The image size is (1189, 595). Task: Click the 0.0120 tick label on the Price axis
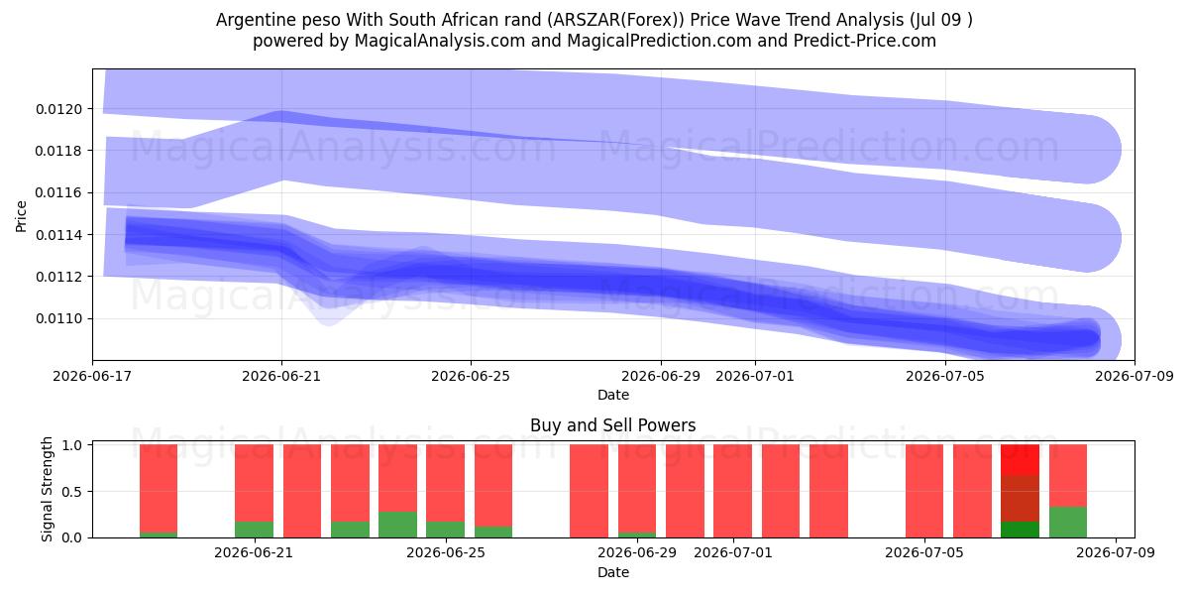58,109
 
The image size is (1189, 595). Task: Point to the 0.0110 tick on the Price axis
58,318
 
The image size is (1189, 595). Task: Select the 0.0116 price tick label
58,192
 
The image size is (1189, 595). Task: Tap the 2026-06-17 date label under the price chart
92,376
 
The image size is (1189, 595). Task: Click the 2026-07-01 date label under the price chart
755,376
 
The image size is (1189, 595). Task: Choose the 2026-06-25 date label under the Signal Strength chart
446,552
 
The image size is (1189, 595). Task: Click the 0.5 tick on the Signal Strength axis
71,492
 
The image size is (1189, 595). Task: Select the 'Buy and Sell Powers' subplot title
613,425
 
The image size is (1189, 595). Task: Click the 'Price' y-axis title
21,217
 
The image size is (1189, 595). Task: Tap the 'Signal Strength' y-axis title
47,489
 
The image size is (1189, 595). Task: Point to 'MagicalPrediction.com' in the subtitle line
659,41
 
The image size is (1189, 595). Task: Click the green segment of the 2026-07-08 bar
1068,523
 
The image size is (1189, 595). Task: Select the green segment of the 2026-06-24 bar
397,525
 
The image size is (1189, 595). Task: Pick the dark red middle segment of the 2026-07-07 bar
1020,498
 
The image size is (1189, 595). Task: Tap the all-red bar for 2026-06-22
302,491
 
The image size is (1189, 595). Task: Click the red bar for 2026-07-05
924,491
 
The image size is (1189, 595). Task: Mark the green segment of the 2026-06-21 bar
255,530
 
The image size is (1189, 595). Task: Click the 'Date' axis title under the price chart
613,395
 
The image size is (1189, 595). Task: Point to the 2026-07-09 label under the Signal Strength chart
1116,552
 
